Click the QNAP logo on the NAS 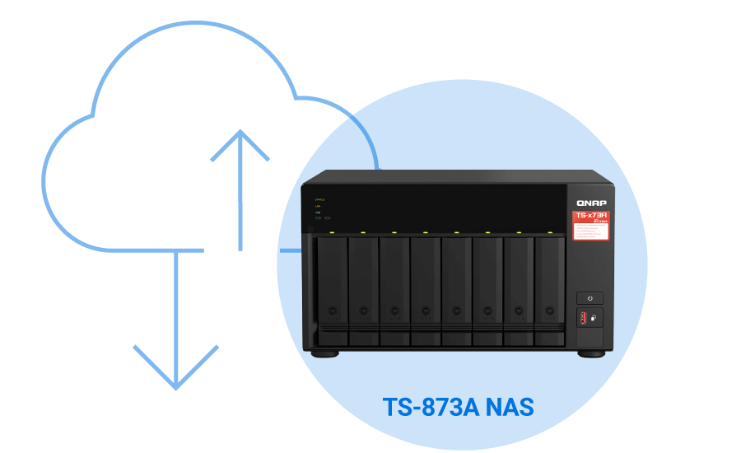coord(591,203)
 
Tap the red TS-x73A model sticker coord(591,226)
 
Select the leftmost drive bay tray coord(333,288)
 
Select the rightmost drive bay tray coord(549,288)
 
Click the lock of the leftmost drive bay coord(333,311)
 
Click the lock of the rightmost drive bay coord(550,311)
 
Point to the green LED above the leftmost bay coord(332,232)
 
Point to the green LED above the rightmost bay coord(549,232)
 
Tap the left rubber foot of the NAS coord(325,354)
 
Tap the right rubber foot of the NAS coord(590,354)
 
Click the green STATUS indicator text coord(320,199)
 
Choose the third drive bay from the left coord(394,288)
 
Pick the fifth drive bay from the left coord(456,288)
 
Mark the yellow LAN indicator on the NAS coord(318,206)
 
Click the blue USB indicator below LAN coord(318,212)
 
